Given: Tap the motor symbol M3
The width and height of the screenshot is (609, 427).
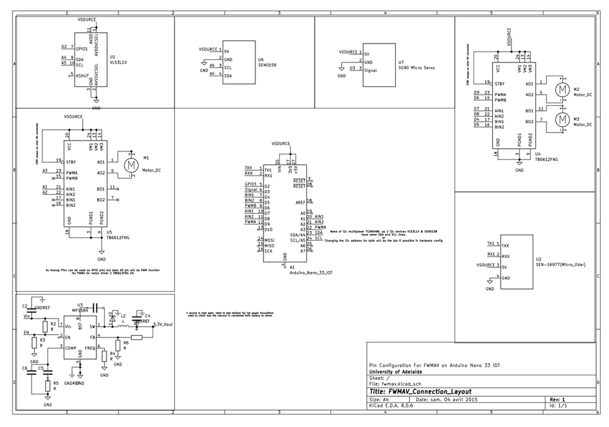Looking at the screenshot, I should click(561, 119).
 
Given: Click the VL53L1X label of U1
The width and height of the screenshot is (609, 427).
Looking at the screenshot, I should click(119, 62).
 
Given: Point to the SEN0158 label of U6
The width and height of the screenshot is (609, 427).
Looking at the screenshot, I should click(268, 65).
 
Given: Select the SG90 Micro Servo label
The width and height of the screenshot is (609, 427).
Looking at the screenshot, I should click(417, 67).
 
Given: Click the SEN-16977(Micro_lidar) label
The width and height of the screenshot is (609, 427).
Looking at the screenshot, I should click(560, 265).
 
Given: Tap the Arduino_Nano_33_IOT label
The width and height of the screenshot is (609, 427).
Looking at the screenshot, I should click(311, 273).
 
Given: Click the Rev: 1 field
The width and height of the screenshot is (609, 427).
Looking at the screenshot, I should click(558, 399).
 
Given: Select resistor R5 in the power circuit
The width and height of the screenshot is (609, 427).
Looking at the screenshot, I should click(48, 385).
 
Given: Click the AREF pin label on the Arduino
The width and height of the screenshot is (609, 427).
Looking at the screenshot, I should click(301, 202).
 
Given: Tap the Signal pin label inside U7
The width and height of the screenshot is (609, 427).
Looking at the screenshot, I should click(371, 71).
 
